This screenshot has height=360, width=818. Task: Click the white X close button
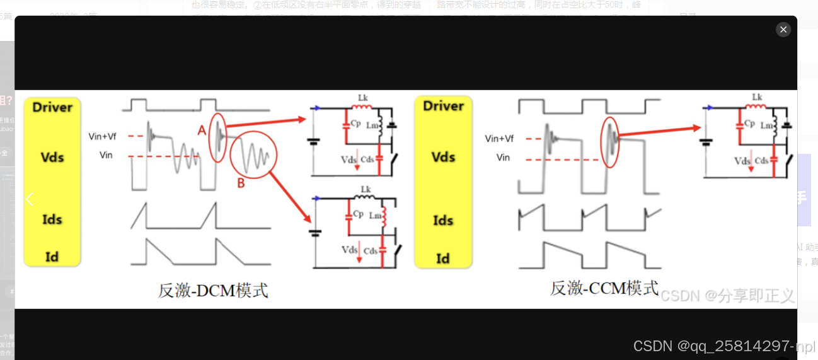783,30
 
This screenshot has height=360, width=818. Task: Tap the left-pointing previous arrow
29,199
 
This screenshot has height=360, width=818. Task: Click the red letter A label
202,130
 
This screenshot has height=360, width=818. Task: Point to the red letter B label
240,183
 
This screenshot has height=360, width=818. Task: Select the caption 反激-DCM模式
213,291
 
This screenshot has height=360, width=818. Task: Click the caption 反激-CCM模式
604,288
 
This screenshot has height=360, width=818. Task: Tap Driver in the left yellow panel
52,107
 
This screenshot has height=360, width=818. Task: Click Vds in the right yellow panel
443,156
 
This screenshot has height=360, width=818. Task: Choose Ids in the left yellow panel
52,219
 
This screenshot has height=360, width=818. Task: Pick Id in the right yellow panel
443,258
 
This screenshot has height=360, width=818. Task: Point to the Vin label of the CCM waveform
503,158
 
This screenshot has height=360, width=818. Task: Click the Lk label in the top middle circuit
363,98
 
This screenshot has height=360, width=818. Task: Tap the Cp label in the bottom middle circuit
358,214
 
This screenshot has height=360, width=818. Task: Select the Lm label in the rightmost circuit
766,125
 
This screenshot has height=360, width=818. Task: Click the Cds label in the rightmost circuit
761,161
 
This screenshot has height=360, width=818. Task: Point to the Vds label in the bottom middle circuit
349,250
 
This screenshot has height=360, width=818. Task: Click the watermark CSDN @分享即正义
727,295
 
